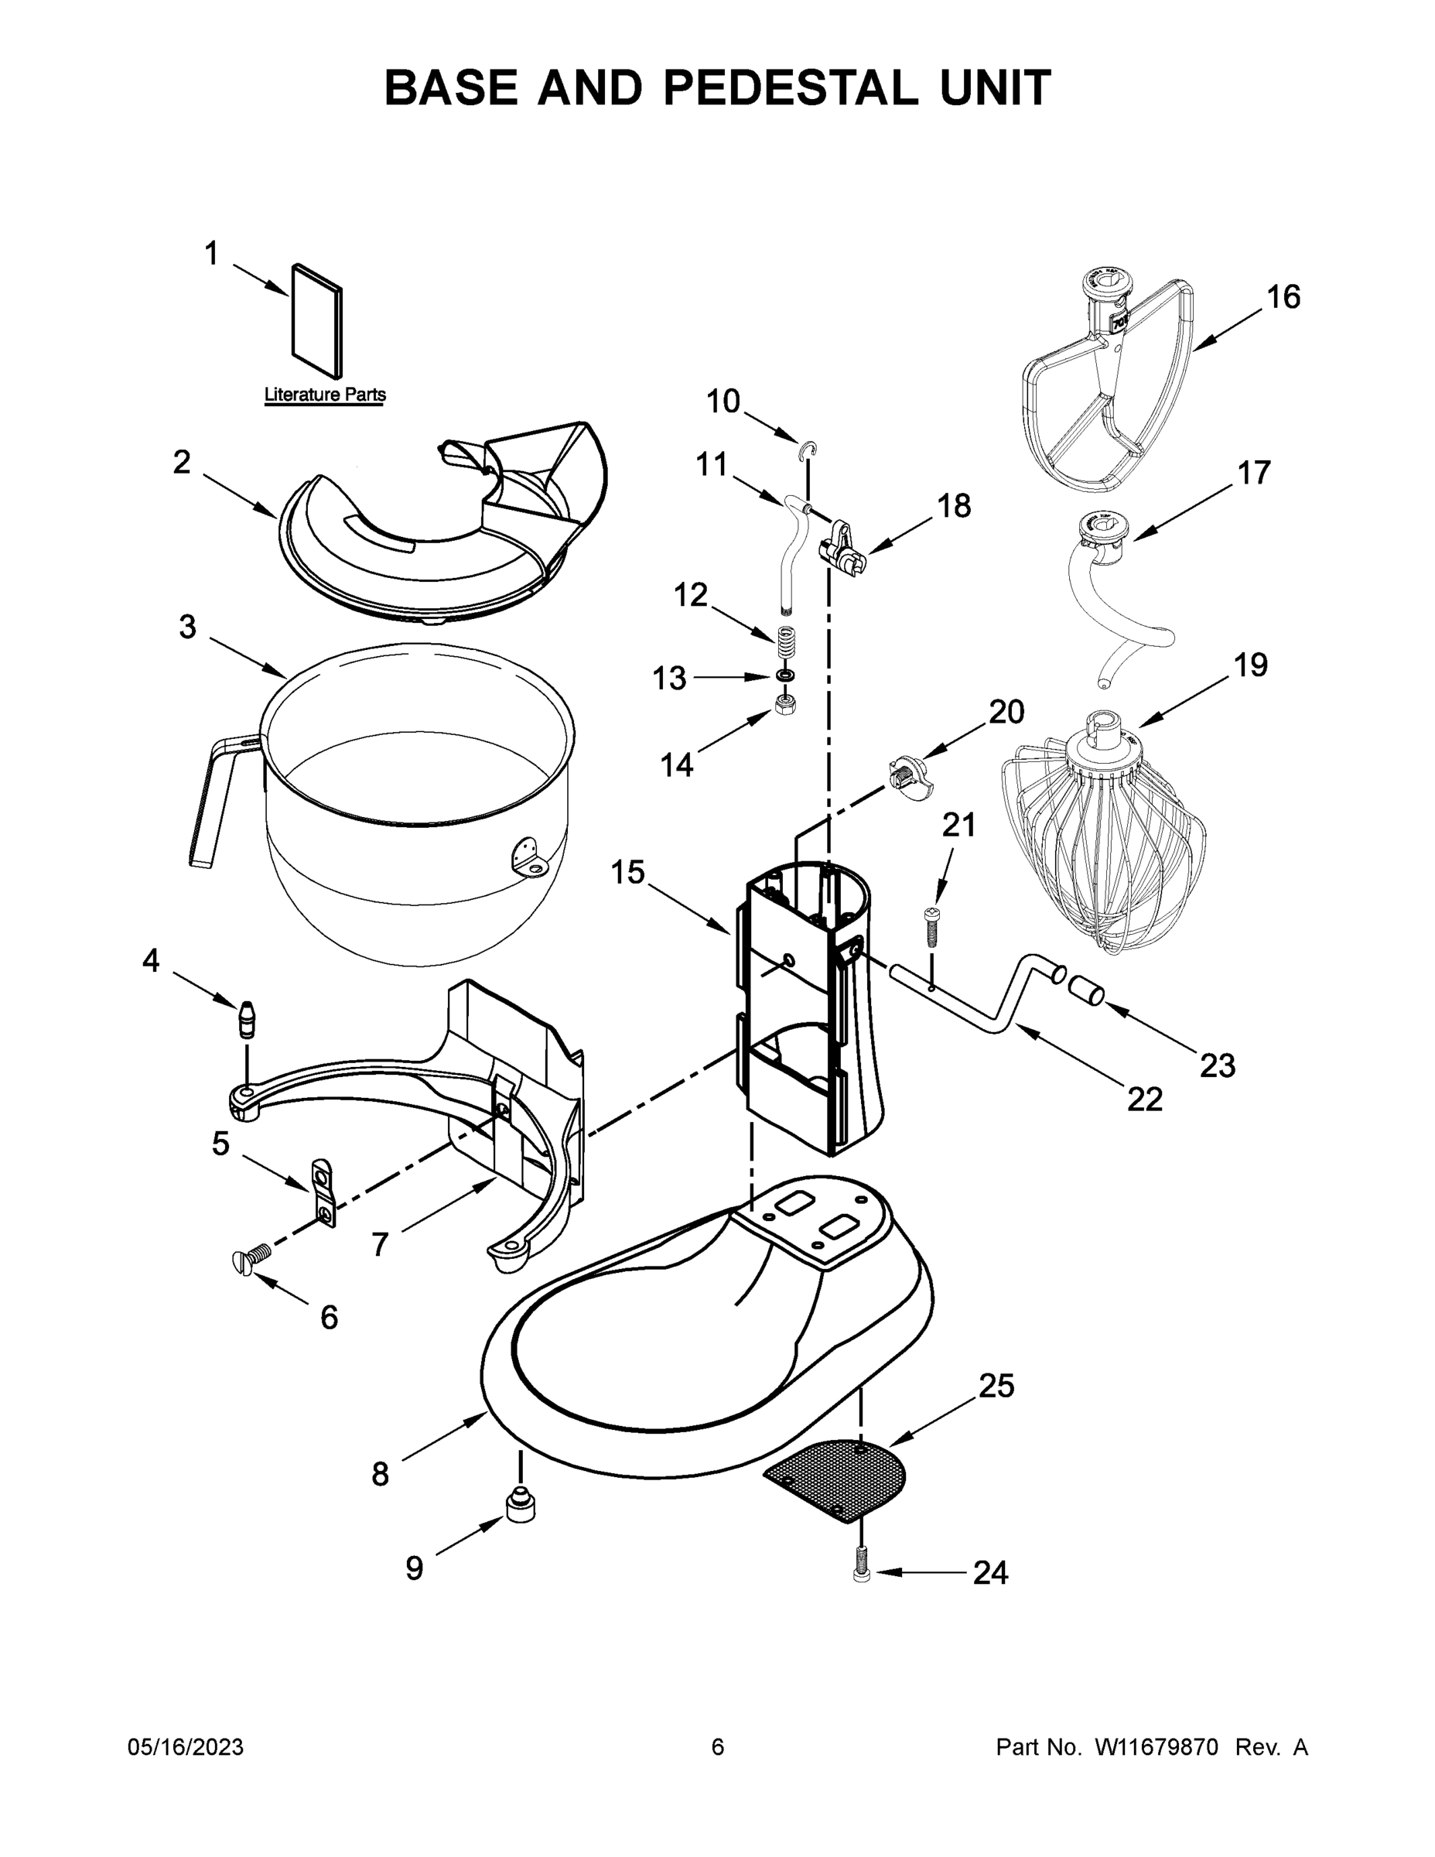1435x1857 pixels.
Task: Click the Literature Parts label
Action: pyautogui.click(x=325, y=395)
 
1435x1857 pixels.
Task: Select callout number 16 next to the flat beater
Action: pyautogui.click(x=1283, y=298)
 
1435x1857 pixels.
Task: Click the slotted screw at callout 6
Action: pyautogui.click(x=248, y=1261)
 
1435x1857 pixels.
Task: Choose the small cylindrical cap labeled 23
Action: pyautogui.click(x=1085, y=990)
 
